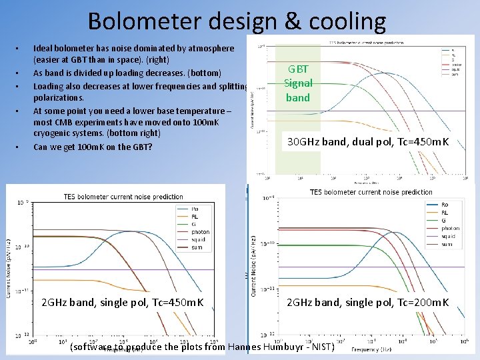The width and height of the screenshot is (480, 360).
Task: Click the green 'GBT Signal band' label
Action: pyautogui.click(x=298, y=83)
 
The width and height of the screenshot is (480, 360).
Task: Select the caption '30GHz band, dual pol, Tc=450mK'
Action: pyautogui.click(x=368, y=142)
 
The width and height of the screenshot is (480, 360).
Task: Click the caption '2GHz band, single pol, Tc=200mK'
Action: pyautogui.click(x=368, y=303)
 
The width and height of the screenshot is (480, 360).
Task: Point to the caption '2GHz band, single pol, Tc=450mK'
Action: pyautogui.click(x=123, y=303)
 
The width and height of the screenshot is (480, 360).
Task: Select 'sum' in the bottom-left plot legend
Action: pyautogui.click(x=197, y=247)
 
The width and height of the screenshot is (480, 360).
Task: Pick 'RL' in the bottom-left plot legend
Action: pyautogui.click(x=195, y=217)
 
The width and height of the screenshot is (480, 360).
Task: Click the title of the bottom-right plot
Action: pyautogui.click(x=371, y=192)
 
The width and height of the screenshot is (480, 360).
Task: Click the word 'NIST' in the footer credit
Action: pyautogui.click(x=319, y=347)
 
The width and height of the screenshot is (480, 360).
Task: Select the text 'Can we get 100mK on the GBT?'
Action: pyautogui.click(x=92, y=147)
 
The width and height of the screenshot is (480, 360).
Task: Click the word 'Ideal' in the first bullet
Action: pyautogui.click(x=44, y=49)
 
